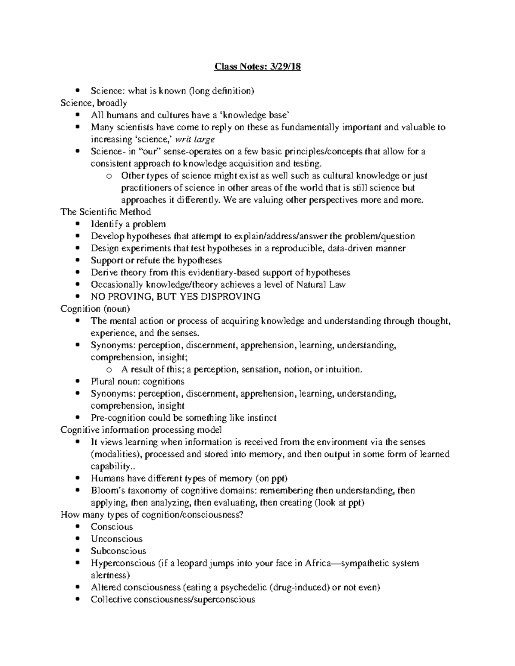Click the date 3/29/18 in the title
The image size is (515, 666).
click(283, 66)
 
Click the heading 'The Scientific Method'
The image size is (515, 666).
click(106, 212)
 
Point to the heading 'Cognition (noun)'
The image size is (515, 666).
click(95, 309)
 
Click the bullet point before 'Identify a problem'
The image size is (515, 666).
click(77, 224)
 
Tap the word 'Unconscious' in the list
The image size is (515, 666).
click(116, 539)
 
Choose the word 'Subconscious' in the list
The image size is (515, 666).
click(118, 551)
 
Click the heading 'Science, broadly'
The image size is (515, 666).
click(94, 103)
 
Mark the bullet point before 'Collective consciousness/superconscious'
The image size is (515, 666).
click(77, 600)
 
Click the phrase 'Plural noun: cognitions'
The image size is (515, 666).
click(137, 382)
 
